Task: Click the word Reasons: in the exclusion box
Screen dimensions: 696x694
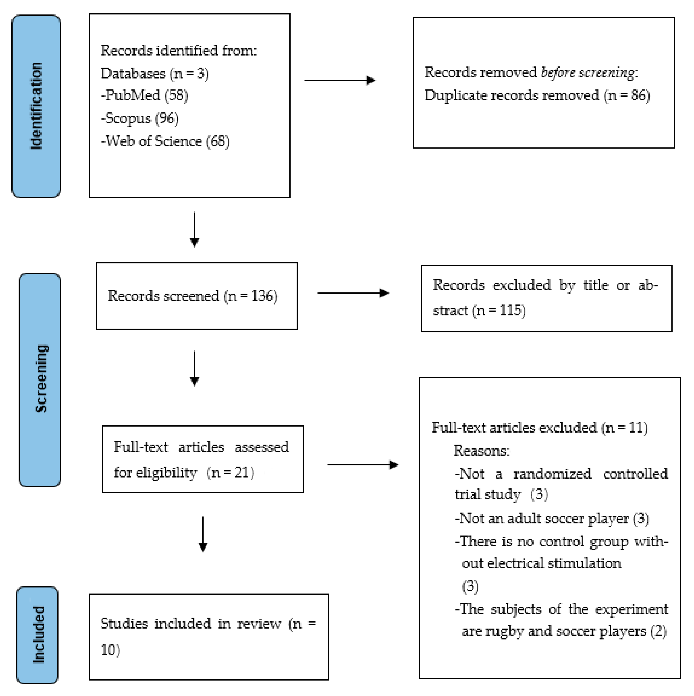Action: pyautogui.click(x=481, y=451)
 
